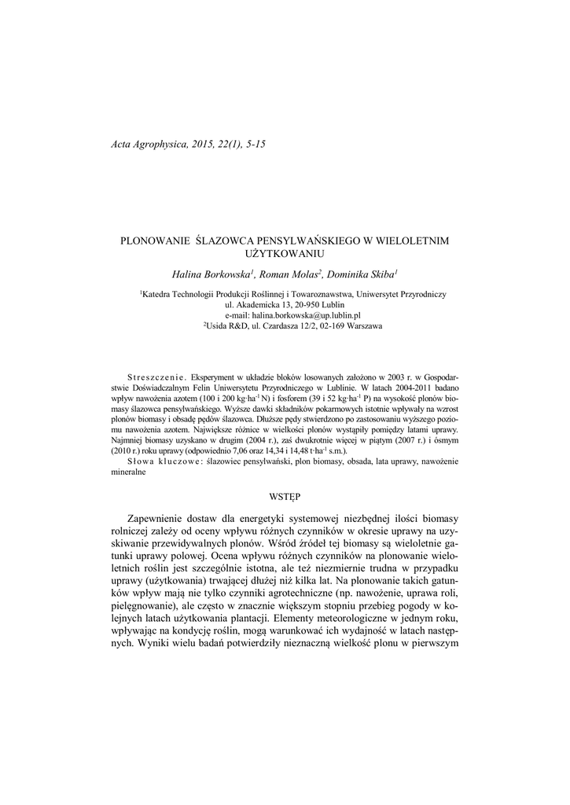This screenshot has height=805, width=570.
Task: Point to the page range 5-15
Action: click(256, 145)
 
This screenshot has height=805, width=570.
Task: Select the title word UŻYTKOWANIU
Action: click(285, 254)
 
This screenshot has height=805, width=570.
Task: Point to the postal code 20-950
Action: click(300, 303)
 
